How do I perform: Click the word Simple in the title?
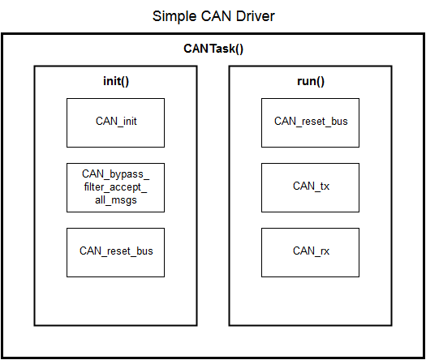click(174, 16)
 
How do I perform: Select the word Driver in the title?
click(255, 16)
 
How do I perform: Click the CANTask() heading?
click(213, 49)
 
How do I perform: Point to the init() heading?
click(116, 81)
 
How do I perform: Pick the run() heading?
click(311, 81)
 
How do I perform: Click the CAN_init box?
click(115, 122)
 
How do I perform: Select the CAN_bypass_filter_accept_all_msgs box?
click(115, 187)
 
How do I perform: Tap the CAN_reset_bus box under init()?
click(115, 252)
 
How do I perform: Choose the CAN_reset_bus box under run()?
click(310, 122)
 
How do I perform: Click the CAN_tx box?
click(310, 187)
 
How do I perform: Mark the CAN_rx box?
click(310, 252)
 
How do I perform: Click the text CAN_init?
click(116, 122)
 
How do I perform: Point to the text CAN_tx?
click(311, 186)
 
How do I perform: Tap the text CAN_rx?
click(311, 251)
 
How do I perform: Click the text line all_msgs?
click(116, 200)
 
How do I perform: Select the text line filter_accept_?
click(115, 187)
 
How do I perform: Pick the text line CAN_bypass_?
click(115, 174)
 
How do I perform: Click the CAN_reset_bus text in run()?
click(311, 122)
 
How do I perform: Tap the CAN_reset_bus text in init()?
click(116, 251)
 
